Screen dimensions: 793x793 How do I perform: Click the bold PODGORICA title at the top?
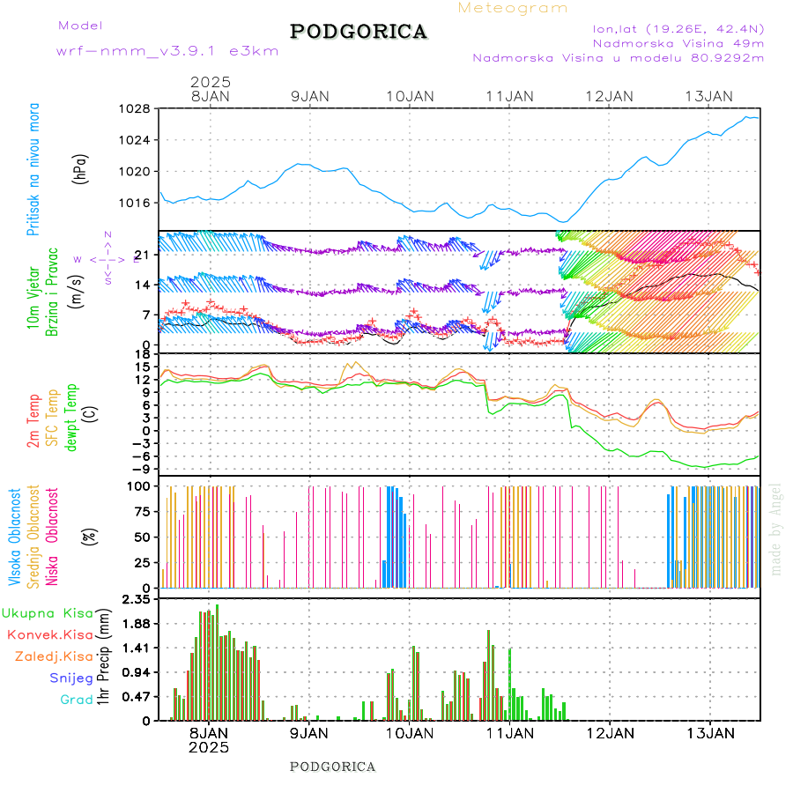click(x=359, y=32)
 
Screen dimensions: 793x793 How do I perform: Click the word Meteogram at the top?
click(x=513, y=8)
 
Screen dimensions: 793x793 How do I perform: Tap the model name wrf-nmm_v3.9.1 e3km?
click(x=167, y=51)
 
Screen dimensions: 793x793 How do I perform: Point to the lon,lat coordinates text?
click(x=678, y=28)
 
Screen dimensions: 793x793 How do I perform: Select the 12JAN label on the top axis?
click(x=610, y=96)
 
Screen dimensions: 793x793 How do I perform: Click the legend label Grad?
click(x=77, y=700)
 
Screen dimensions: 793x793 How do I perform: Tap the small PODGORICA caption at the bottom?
click(x=332, y=767)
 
